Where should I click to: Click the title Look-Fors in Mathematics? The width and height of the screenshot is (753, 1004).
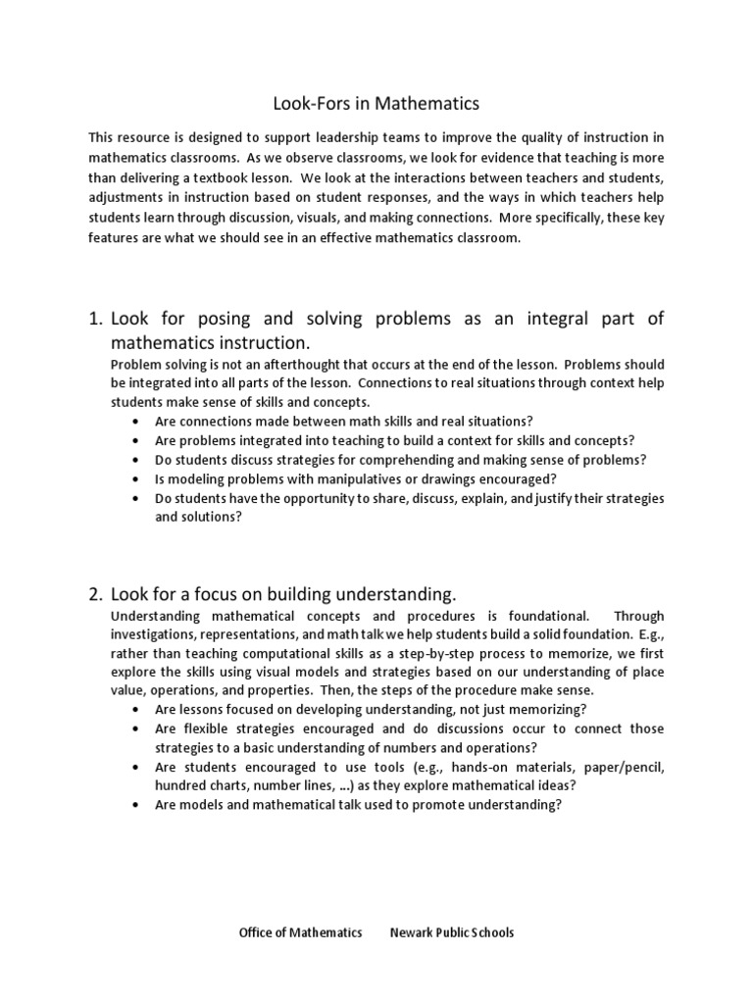point(376,102)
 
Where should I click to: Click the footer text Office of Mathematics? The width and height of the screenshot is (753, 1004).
point(300,932)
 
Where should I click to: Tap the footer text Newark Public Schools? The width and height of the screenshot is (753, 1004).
point(451,932)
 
